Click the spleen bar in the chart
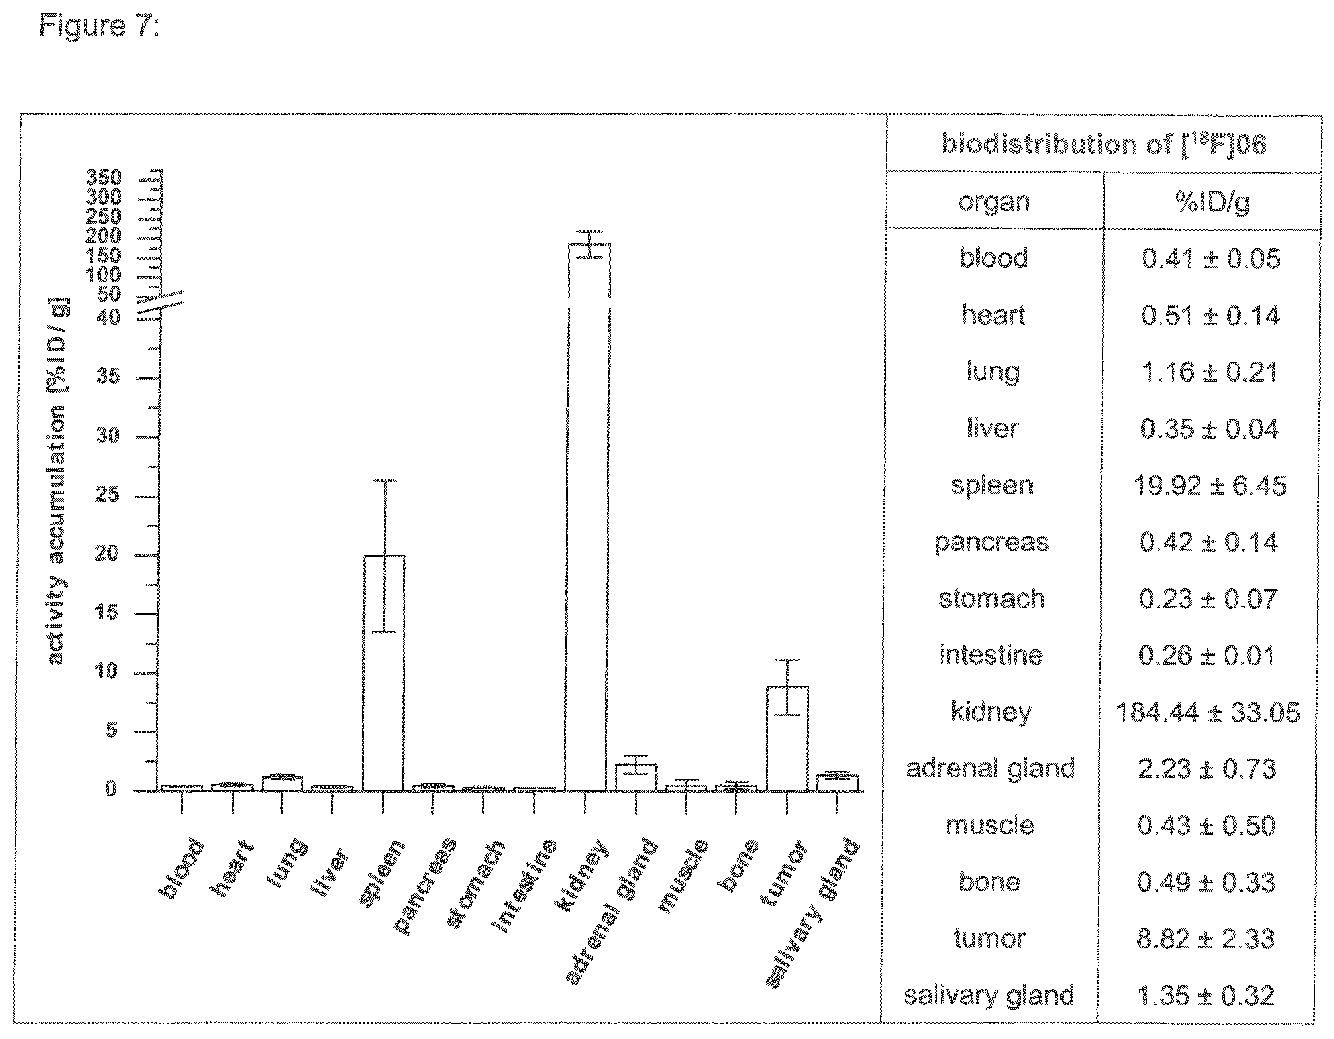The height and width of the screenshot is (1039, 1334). pos(383,673)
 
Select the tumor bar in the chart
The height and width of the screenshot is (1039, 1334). pos(787,739)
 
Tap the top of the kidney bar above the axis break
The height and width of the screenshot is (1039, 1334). pos(589,244)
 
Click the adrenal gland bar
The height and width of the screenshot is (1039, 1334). pos(635,778)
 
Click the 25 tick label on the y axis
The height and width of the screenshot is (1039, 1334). pos(107,496)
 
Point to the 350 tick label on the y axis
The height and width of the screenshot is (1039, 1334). pos(104,178)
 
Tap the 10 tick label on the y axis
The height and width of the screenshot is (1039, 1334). pos(107,672)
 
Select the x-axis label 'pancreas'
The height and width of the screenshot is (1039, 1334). pos(425,885)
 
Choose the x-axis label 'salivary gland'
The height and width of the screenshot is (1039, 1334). pos(813,914)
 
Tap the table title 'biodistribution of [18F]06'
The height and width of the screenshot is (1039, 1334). pos(1104,144)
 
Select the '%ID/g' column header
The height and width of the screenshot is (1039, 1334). pos(1213,201)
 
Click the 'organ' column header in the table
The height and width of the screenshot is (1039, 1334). pos(994,203)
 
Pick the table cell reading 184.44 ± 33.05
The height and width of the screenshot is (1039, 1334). pos(1208,712)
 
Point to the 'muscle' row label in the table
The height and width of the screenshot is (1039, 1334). pos(990,824)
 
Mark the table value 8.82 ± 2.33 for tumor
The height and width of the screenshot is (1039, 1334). pos(1206,938)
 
